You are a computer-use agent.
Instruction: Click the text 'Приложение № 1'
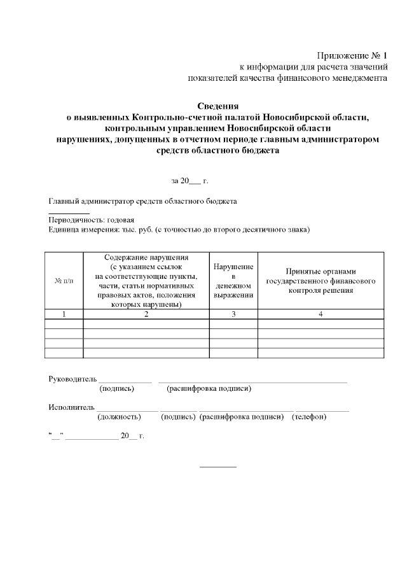coord(352,55)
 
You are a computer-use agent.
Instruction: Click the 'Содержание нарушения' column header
coord(146,281)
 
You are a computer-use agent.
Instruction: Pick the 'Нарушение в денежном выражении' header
coord(233,281)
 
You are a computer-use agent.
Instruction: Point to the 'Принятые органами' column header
coord(321,281)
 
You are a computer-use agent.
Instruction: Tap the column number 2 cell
coord(146,314)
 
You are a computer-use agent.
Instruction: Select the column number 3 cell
coord(233,314)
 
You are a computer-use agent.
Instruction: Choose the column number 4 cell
coord(321,314)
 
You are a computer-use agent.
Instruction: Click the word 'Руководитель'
coord(72,379)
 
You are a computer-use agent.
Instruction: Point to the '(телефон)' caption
coord(309,417)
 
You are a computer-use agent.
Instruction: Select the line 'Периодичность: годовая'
coord(91,220)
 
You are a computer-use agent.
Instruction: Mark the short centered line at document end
coord(218,467)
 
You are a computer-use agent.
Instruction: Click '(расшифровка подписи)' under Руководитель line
coord(209,388)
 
